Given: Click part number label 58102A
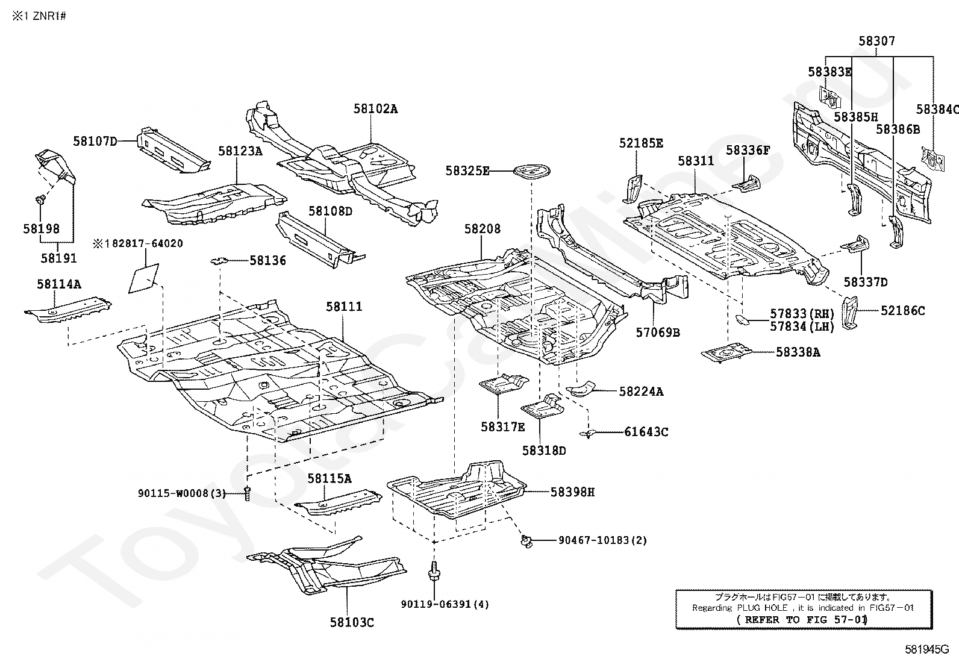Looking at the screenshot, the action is [375, 109].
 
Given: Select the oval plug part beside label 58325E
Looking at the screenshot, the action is [532, 171].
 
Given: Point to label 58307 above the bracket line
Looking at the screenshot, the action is [877, 41].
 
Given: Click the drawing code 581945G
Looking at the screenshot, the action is [927, 649].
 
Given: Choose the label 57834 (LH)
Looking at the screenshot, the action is [802, 326].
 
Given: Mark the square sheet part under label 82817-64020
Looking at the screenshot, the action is [143, 278].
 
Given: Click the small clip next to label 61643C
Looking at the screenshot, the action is [588, 434].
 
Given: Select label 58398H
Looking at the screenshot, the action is [572, 492].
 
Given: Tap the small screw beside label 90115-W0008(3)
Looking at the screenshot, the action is [246, 494].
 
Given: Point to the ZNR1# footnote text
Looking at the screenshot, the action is [39, 16].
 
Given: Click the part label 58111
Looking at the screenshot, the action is [344, 307].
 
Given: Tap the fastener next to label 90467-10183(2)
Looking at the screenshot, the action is [526, 542].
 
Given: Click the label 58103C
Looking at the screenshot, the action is [351, 623].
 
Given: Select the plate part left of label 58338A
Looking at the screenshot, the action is [726, 352].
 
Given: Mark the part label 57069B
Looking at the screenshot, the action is [658, 333].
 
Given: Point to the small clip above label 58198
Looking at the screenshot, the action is [41, 199].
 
